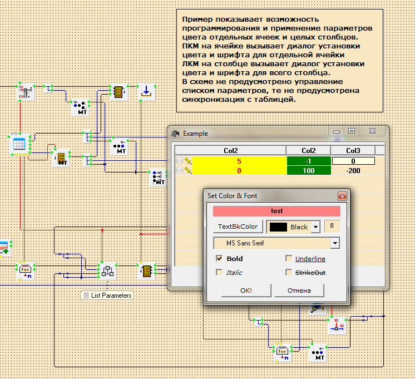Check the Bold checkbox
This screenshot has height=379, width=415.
point(219,259)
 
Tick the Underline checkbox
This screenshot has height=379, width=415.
point(289,259)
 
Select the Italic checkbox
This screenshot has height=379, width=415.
point(219,273)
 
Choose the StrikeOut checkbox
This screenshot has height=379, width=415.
point(289,273)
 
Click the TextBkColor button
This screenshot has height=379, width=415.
point(238,227)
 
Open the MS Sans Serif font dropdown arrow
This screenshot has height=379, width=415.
point(334,243)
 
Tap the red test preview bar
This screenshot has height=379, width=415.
point(276,211)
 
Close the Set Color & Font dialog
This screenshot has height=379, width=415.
point(342,196)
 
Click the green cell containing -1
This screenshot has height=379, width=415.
point(308,161)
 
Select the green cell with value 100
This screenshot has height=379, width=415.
point(308,170)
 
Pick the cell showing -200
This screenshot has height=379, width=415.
point(353,170)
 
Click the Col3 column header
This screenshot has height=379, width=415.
point(353,150)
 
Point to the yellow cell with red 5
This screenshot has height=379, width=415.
point(239,161)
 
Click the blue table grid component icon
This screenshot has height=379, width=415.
point(18,144)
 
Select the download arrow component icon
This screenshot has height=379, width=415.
point(146,91)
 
